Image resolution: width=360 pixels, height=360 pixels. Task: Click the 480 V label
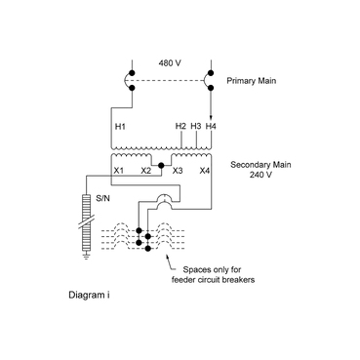click(170, 64)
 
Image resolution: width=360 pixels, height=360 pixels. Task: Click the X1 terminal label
click(117, 171)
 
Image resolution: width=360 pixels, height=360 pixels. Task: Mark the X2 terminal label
click(144, 171)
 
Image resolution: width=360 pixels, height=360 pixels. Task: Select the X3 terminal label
click(177, 171)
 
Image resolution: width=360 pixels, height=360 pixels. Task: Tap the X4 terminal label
click(204, 171)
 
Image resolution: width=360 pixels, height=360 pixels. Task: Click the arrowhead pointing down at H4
click(211, 114)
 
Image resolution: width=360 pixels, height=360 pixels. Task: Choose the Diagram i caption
click(90, 293)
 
